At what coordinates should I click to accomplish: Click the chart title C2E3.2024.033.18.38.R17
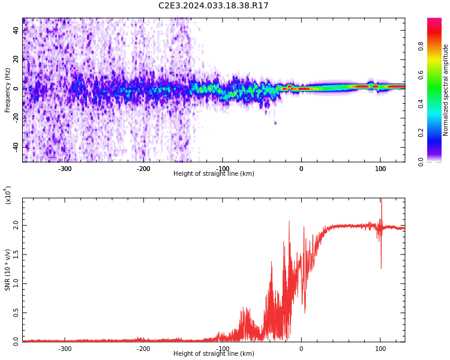(x=213, y=5)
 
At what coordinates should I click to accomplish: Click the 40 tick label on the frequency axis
(x=16, y=30)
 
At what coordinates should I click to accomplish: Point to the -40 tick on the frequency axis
(x=16, y=147)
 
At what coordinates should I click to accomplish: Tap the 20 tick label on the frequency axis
(x=16, y=59)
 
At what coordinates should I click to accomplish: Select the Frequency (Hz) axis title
(x=8, y=90)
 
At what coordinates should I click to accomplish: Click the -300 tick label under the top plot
(x=65, y=169)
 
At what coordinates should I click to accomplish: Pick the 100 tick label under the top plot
(x=380, y=169)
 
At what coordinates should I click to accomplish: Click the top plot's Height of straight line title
(x=214, y=174)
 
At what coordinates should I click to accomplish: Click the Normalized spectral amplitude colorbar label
(x=446, y=90)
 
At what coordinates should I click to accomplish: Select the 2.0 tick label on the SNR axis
(x=16, y=225)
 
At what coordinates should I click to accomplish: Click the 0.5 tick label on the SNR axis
(x=16, y=313)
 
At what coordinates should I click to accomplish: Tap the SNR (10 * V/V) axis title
(x=8, y=269)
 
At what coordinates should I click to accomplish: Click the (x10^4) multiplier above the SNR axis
(x=8, y=195)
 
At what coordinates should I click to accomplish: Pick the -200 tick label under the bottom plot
(x=143, y=349)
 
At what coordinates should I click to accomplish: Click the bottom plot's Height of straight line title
(x=214, y=354)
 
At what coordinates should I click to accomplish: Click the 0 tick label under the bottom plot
(x=301, y=349)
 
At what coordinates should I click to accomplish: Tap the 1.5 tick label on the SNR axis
(x=16, y=254)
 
